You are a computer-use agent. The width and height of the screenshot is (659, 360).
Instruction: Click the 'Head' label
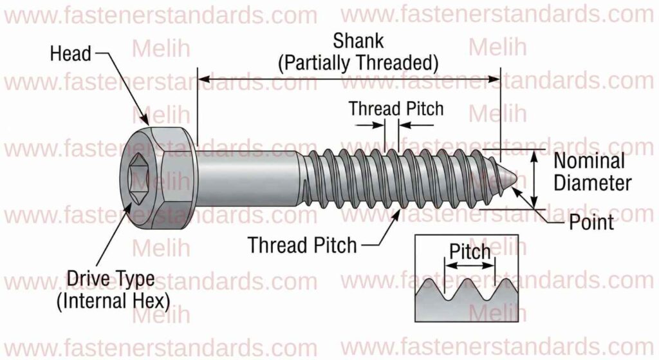70,54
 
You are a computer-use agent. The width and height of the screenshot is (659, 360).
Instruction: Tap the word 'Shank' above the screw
358,41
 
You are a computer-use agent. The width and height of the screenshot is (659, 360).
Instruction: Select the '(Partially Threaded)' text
358,63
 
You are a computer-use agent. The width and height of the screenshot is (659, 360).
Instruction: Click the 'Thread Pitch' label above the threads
396,108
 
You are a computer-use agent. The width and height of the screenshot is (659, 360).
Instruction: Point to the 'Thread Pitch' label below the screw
302,245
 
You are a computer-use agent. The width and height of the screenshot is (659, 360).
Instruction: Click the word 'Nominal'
589,161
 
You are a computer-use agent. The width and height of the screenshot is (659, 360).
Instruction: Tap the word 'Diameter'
593,183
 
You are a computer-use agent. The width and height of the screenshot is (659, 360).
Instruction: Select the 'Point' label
591,223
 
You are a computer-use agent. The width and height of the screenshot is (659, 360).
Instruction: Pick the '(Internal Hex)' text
112,301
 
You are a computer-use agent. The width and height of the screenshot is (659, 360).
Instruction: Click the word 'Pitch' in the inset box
470,251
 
